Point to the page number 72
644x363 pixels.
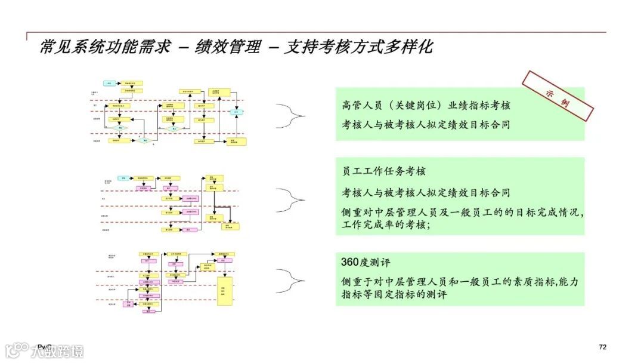tap(602, 347)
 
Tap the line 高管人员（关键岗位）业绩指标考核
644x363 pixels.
tap(426, 105)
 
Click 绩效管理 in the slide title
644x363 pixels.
tap(228, 47)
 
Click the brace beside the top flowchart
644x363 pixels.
tap(290, 113)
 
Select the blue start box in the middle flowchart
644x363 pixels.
tap(123, 178)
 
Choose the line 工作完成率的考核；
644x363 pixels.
tap(386, 224)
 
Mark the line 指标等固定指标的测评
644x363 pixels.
tap(394, 294)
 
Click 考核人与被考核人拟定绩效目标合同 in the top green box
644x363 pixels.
tap(426, 125)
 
